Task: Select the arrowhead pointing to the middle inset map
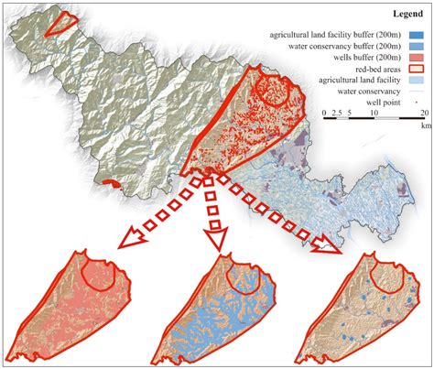pos(217,242)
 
